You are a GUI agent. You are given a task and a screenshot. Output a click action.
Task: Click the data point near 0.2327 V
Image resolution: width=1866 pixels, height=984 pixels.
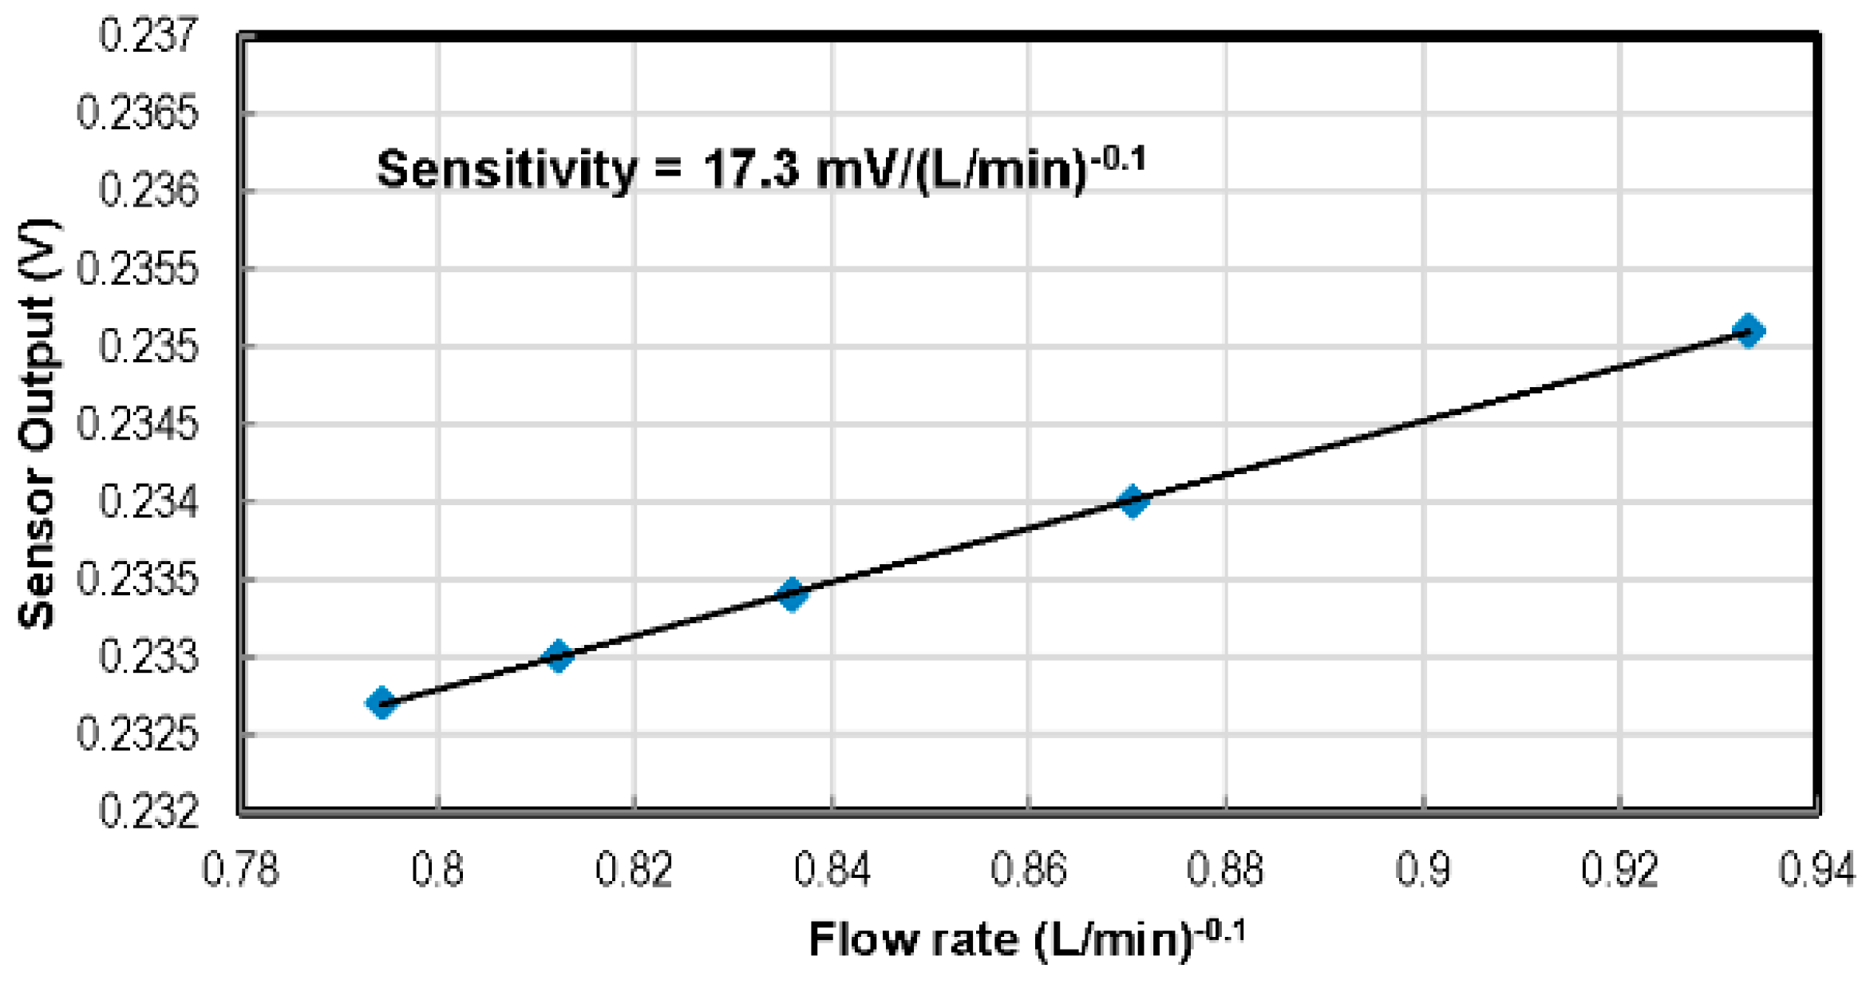tap(382, 703)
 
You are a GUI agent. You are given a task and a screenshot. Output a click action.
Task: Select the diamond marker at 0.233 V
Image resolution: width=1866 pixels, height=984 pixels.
tap(559, 656)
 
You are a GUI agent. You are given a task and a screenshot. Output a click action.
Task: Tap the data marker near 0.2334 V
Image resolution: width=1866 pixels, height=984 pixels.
tap(792, 594)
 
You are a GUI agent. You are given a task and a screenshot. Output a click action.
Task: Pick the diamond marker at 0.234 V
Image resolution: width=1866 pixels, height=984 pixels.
tap(1133, 501)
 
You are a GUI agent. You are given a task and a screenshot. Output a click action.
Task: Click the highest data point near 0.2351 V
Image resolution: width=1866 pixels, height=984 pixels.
tap(1749, 330)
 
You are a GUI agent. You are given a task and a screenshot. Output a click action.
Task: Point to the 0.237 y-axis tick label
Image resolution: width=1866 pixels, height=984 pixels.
tap(148, 37)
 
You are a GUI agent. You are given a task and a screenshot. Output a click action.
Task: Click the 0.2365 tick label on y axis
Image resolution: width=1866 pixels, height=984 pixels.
tap(136, 113)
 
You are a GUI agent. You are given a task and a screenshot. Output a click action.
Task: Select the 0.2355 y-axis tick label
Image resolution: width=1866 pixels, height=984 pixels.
tap(136, 270)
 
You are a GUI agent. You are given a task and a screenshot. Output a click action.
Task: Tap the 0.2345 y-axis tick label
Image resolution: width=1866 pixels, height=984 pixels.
tap(136, 425)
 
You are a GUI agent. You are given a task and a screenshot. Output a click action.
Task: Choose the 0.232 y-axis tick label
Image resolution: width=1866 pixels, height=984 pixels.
tap(148, 812)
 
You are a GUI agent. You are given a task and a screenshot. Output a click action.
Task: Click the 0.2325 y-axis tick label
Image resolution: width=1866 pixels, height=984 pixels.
tap(136, 735)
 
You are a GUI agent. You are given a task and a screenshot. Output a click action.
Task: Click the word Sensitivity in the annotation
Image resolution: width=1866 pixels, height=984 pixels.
tap(507, 170)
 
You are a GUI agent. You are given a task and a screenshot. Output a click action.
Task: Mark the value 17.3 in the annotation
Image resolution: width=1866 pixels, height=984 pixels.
tap(750, 170)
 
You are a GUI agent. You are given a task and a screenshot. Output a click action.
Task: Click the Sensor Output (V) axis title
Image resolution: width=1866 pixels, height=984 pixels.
tap(37, 423)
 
